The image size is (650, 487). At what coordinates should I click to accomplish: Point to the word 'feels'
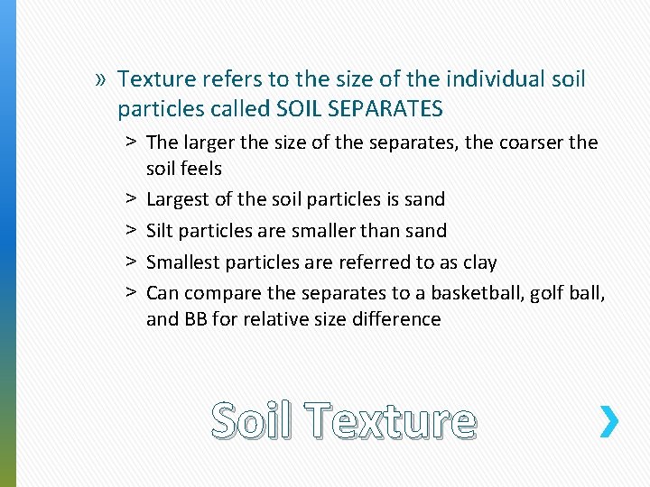tap(201, 168)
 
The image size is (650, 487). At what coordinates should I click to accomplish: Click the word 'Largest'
tap(179, 199)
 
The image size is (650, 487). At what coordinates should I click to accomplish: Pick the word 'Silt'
tap(160, 231)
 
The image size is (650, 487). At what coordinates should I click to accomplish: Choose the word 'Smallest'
tap(186, 262)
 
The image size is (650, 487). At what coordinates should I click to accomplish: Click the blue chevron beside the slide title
tap(609, 421)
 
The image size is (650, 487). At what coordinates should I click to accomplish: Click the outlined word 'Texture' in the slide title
tap(390, 420)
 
